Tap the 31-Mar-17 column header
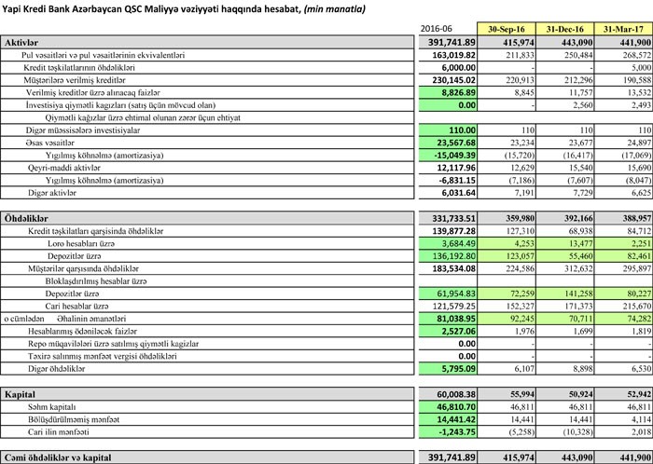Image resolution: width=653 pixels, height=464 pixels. click(x=623, y=29)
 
